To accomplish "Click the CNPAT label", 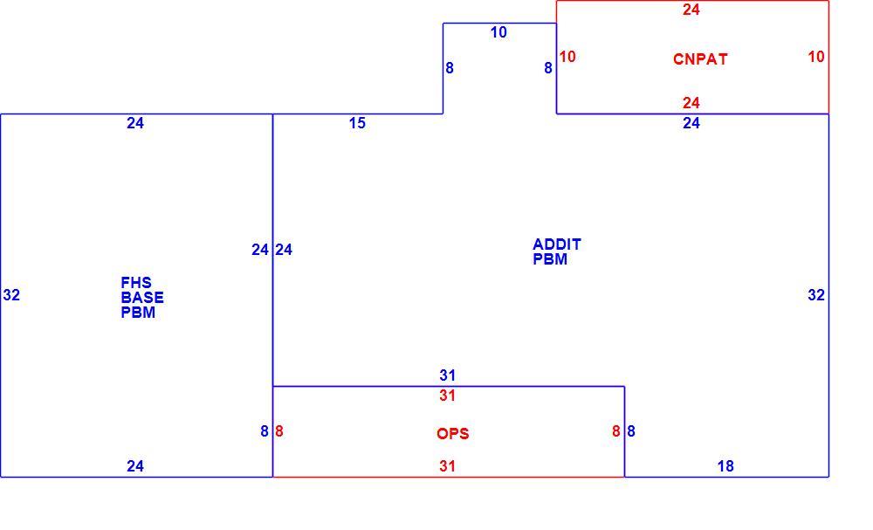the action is pos(700,59).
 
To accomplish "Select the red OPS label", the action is pos(452,434).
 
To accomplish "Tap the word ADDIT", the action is pos(557,244).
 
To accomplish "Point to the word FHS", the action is pos(136,283).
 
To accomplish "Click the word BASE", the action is pos(142,297).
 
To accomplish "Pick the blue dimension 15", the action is pos(357,123).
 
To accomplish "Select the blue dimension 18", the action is pos(725,466).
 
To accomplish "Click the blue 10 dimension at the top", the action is pos(498,32).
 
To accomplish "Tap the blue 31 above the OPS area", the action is pos(448,375).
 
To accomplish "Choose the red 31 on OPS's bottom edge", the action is pos(448,466).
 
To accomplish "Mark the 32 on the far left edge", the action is pos(11,295).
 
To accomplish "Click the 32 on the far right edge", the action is pos(816,295).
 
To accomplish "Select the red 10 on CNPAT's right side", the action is pos(816,57).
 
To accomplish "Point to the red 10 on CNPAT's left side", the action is pos(567,57).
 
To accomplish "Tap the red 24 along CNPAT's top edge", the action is pos(691,10).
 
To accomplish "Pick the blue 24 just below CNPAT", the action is pos(691,123).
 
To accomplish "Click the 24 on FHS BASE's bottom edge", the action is pos(135,466).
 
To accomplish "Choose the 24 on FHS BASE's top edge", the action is pos(135,123).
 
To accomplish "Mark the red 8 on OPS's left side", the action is pos(279,431).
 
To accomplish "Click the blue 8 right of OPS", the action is pos(631,431).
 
